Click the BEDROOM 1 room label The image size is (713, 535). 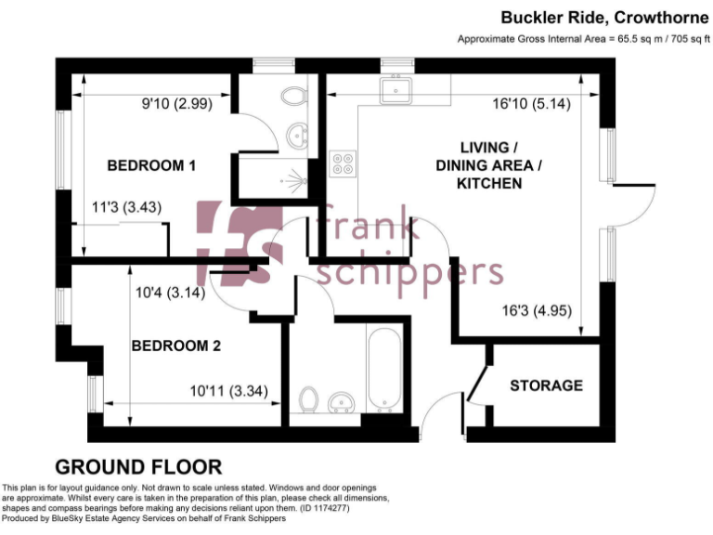pyautogui.click(x=152, y=166)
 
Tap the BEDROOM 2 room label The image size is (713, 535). pyautogui.click(x=175, y=346)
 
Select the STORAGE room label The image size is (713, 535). pyautogui.click(x=547, y=385)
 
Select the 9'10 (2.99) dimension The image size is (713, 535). pyautogui.click(x=176, y=104)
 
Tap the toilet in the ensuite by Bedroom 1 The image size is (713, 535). pyautogui.click(x=295, y=97)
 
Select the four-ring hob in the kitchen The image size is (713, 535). pyautogui.click(x=343, y=163)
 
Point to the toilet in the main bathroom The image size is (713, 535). pyautogui.click(x=309, y=399)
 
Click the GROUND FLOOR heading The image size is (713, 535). pyautogui.click(x=138, y=466)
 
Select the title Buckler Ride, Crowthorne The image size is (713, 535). pyautogui.click(x=605, y=17)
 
